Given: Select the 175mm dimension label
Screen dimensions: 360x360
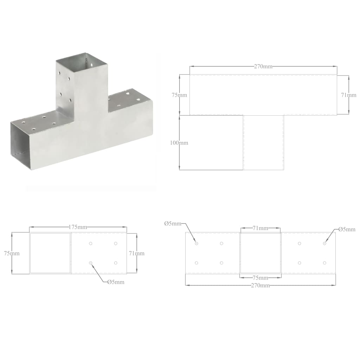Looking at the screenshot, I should pos(78,227).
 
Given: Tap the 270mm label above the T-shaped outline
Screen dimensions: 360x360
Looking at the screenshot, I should pos(263,66).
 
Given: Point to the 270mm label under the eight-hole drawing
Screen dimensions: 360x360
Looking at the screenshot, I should pos(261,285).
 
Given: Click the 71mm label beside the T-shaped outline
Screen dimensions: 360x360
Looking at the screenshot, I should pos(349,95).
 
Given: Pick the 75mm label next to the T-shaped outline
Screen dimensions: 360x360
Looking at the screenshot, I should pos(179,95).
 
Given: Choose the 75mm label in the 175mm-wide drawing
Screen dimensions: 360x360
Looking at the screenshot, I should pos(12,253).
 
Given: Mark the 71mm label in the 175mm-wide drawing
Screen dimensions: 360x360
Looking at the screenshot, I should pos(136,253).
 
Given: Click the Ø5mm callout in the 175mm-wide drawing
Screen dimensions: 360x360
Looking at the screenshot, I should pos(116,282).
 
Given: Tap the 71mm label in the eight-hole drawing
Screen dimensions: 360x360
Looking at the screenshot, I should pos(261,228).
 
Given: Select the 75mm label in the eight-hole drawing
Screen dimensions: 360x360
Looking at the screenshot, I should pos(261,278).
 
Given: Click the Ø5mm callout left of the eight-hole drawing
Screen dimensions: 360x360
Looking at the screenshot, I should pos(173,224).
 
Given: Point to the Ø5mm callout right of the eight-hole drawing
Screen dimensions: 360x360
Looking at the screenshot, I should pos(347,229).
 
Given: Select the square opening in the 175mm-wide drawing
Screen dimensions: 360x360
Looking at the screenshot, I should pos(50,253).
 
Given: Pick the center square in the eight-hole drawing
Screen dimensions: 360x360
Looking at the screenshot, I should pos(261,253).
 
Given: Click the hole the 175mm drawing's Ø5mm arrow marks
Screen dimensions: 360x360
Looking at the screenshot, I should pos(91,263).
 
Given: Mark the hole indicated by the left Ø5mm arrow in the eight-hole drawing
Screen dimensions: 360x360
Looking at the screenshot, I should pos(197,243).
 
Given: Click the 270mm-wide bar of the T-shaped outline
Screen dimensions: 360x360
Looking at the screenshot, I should pos(263,95).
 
